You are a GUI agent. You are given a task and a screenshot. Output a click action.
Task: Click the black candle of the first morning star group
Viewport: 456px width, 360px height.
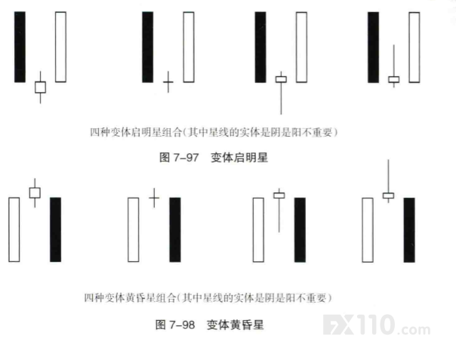coord(20,47)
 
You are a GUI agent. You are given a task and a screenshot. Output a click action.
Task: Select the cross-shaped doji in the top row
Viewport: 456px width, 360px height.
coord(168,82)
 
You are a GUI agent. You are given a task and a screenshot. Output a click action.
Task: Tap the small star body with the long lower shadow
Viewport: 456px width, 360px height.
coord(281,79)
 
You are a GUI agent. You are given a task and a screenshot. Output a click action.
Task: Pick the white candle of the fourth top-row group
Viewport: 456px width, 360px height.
coord(414,48)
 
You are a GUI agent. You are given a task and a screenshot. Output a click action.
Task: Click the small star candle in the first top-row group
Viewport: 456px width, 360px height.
coord(40,88)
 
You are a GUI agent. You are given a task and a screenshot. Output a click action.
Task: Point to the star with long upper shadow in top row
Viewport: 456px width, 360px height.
coord(394,79)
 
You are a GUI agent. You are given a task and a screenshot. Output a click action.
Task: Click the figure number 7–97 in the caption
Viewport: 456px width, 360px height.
coord(186,158)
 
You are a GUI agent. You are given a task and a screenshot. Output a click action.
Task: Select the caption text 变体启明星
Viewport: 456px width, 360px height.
coord(239,158)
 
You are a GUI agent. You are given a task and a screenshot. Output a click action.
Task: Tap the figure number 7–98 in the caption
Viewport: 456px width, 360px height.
coord(182,325)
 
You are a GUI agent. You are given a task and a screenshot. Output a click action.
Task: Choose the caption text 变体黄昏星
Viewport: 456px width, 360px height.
coord(236,325)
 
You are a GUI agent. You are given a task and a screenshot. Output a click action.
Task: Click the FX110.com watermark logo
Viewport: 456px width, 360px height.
coord(377,325)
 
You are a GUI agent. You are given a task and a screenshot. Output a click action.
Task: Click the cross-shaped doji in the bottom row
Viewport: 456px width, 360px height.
coord(154,198)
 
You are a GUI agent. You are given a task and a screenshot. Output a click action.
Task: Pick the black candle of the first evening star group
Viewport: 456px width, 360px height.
coord(56,229)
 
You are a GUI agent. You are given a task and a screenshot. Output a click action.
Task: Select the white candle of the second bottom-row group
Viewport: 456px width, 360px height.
coord(133,229)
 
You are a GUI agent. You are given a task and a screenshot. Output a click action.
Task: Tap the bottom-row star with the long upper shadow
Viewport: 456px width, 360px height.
coord(388,195)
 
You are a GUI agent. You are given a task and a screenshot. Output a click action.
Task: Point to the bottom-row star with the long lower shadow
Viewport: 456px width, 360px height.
coord(279,195)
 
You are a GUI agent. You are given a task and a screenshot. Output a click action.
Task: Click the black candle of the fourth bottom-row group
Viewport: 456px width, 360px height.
coord(409,229)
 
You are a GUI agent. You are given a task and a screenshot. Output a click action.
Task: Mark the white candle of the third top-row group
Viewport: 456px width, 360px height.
coord(301,47)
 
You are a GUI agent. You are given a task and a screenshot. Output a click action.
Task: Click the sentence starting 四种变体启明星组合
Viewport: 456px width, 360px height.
coord(214,132)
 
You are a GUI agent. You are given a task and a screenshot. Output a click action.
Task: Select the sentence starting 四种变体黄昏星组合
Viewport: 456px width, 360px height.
coord(208,298)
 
